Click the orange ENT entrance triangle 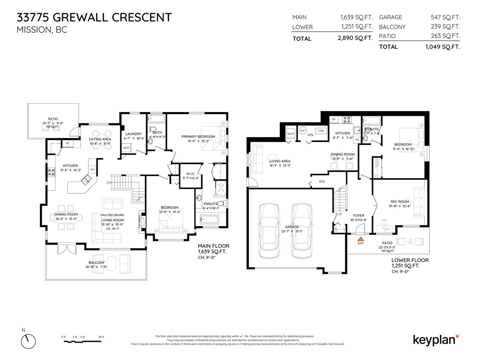pos(361,239)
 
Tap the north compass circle pos(28,341)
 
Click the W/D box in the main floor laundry pos(126,148)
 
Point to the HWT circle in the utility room pos(303,131)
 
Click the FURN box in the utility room pos(321,131)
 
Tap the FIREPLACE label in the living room pos(139,222)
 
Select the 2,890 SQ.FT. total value pos(355,38)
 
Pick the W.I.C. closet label pos(190,174)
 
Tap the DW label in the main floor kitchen pos(92,169)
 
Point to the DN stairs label pos(109,182)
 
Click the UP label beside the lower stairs pos(340,214)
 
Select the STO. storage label pos(322,181)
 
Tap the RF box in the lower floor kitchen pos(334,119)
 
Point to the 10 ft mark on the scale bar pos(101,337)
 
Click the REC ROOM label pos(400,202)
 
